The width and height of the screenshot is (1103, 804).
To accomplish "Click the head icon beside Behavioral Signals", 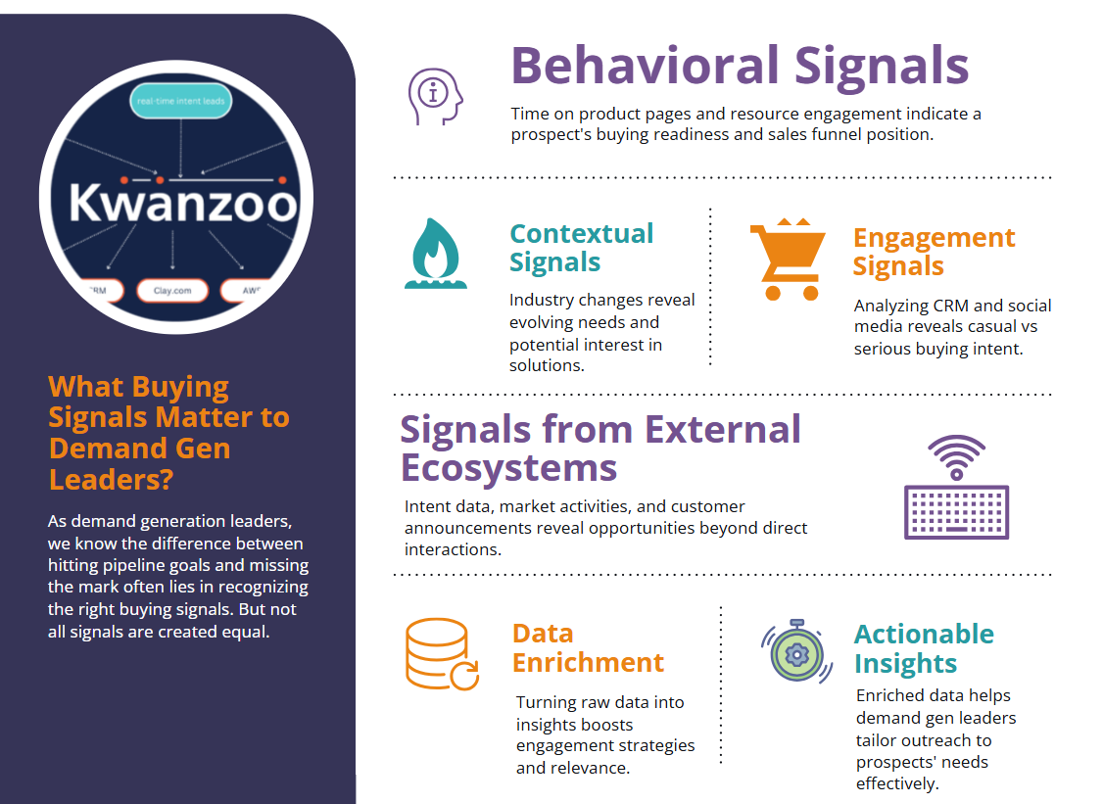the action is coord(436,96).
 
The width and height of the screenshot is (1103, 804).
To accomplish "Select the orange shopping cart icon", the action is coord(788,259).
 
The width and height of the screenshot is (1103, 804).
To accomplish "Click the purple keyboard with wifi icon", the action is coord(956,487).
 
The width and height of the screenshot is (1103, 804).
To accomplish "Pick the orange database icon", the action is coord(442,653).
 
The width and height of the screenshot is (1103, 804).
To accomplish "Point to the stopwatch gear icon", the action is coord(797,651).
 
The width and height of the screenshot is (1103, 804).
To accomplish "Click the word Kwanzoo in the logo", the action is coord(183,204).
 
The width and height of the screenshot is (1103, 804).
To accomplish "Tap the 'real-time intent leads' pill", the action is coord(181,101).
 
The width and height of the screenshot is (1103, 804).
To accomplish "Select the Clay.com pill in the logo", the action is coord(172,291).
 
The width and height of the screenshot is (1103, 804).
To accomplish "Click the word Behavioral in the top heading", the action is coord(646,66).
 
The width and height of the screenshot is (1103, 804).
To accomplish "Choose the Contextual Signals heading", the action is coord(581,248).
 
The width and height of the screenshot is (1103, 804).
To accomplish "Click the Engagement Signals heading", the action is coord(934,252).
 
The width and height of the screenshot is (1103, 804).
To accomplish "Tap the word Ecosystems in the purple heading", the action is coord(508,468).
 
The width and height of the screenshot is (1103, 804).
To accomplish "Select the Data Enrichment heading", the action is coord(588,648).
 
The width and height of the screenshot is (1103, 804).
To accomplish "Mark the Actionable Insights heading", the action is coord(924,648).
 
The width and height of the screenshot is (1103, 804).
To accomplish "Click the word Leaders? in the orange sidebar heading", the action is coord(111,480).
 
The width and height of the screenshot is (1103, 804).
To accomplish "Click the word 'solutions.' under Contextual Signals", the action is coord(547,366).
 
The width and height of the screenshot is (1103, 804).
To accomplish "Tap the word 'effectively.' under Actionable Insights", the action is coord(897,783).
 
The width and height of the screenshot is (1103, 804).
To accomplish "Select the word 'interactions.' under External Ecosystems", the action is coord(453,549).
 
